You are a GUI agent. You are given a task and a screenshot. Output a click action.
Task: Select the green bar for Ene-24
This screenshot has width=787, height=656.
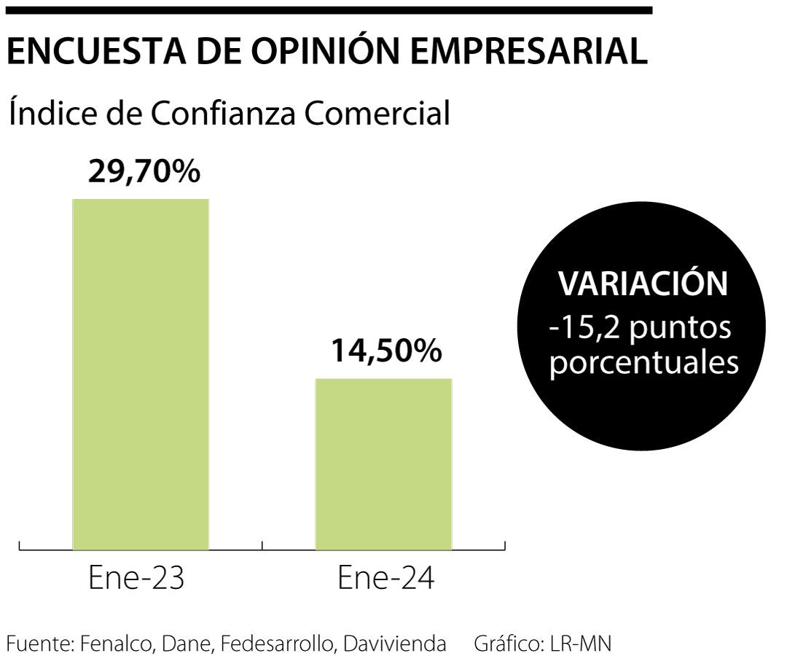(383, 464)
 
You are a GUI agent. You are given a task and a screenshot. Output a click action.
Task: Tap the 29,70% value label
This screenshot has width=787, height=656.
(144, 172)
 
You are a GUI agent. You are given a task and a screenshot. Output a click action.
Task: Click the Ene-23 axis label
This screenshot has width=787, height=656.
(136, 579)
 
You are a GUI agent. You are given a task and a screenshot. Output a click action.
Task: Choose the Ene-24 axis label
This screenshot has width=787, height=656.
(386, 579)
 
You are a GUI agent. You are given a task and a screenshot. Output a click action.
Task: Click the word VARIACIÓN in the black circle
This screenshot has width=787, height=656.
(643, 284)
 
